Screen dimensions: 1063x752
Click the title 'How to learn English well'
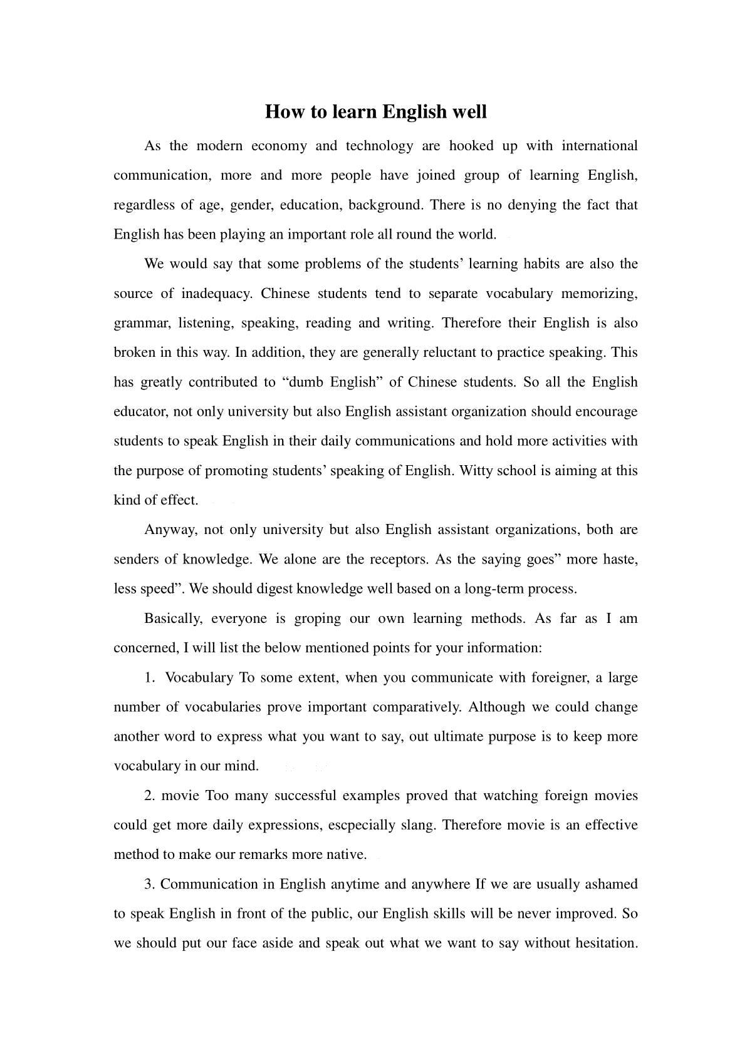pyautogui.click(x=375, y=112)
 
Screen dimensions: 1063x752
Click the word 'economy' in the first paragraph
pyautogui.click(x=279, y=146)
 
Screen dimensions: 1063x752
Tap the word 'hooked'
pyautogui.click(x=471, y=146)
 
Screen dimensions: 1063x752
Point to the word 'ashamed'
pyautogui.click(x=611, y=885)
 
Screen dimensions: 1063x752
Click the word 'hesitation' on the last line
pyautogui.click(x=602, y=943)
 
